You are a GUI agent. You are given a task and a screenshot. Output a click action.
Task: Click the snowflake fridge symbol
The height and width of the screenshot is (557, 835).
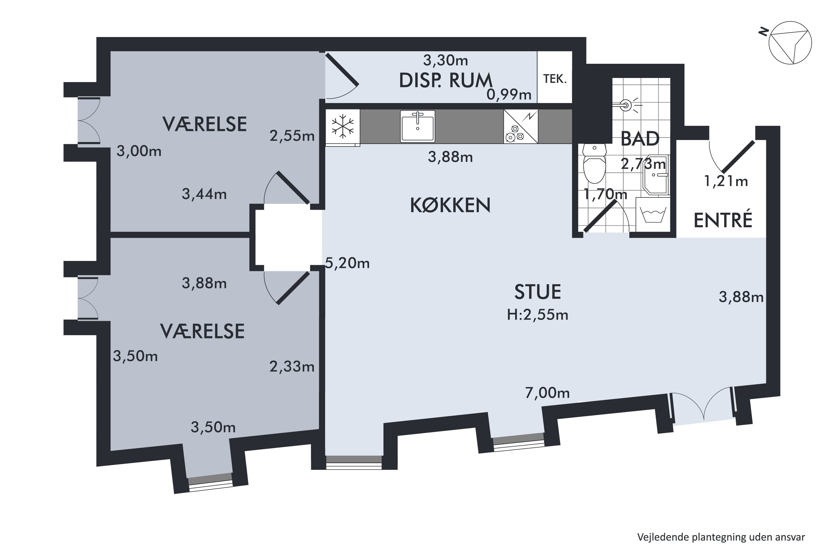tap(343, 126)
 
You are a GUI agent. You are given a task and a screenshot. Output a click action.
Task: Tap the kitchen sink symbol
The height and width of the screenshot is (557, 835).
tap(417, 126)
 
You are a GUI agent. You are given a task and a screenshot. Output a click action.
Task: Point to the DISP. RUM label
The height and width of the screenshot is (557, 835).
tap(446, 81)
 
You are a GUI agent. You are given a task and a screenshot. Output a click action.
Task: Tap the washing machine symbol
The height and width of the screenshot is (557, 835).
tap(652, 214)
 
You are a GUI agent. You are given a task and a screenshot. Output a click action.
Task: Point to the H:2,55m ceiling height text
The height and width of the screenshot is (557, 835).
tap(537, 315)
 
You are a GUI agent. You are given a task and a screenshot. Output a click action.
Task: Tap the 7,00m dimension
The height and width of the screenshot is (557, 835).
tap(547, 393)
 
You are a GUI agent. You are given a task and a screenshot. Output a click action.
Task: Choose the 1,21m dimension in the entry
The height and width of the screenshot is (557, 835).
tap(726, 181)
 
